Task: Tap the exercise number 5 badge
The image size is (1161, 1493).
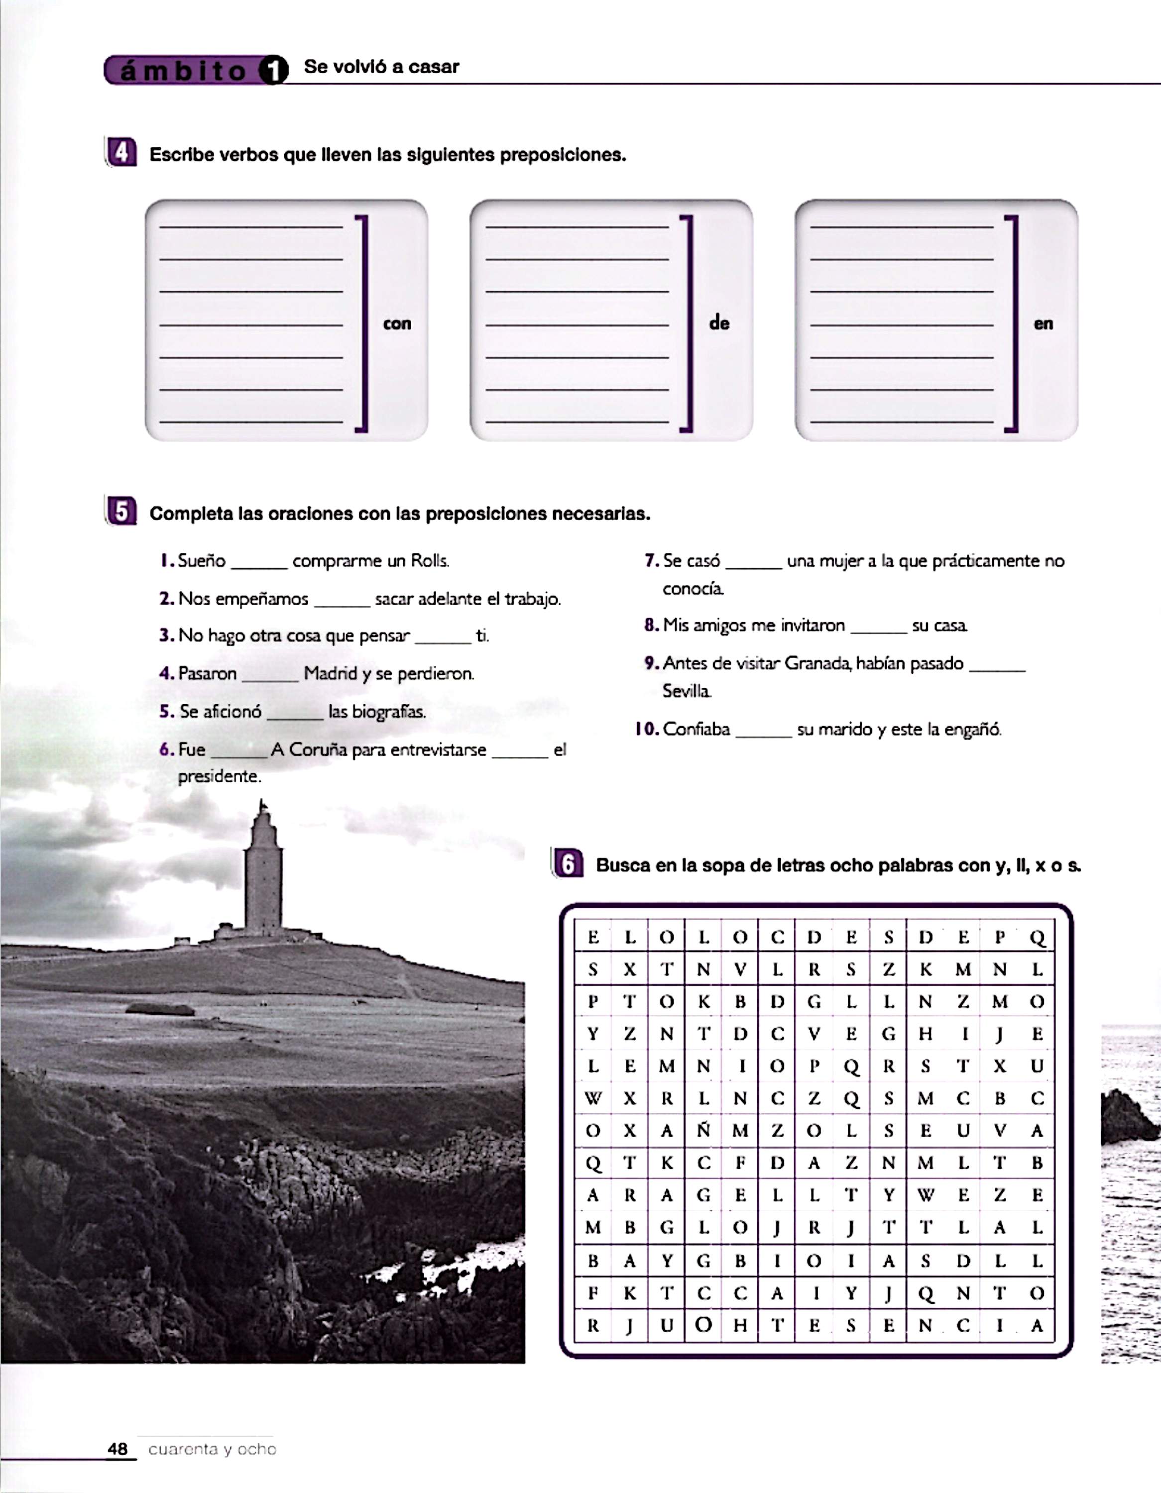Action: (x=121, y=512)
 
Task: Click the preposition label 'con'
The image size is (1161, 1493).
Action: (x=397, y=323)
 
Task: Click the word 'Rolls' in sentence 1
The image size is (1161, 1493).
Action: (x=429, y=561)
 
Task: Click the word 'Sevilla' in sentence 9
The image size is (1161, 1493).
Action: (x=687, y=691)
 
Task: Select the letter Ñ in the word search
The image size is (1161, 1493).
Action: (x=703, y=1131)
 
